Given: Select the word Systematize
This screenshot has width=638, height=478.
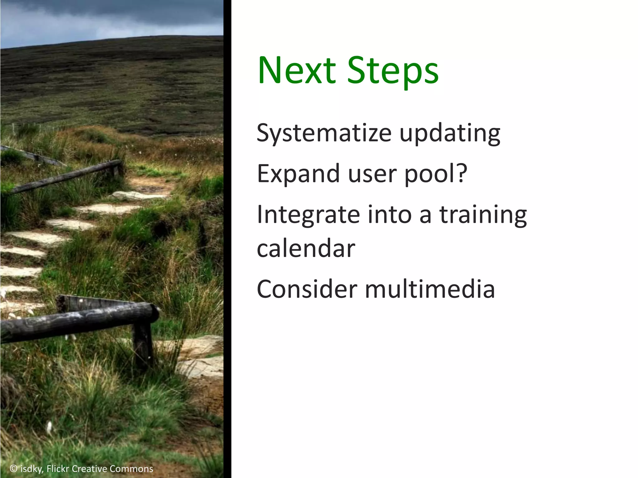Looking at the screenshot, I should (324, 134).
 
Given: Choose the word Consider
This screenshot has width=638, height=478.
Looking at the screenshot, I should (307, 289).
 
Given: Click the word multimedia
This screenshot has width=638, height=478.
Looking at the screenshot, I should (430, 289).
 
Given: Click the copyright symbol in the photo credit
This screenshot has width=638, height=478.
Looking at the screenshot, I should (13, 468).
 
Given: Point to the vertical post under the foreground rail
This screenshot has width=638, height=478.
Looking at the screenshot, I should (142, 345).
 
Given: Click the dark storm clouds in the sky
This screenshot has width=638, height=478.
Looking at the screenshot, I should (109, 12).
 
